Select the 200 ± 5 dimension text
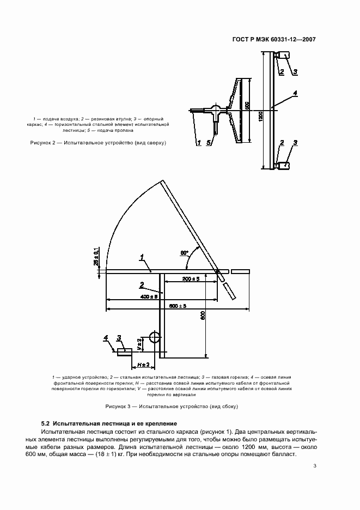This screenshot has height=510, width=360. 191,278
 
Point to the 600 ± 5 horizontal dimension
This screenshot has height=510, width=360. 178,306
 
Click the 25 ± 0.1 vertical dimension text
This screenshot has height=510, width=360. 96,256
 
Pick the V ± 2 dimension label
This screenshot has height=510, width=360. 139,344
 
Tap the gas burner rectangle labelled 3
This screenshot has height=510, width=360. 125,352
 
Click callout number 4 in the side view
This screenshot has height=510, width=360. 106,338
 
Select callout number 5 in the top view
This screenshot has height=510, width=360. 209,143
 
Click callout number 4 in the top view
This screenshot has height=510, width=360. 295,94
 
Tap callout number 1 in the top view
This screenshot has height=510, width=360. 199,143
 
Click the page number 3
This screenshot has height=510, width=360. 315,466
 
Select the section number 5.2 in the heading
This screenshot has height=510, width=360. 46,423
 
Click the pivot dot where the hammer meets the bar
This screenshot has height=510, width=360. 217,271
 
